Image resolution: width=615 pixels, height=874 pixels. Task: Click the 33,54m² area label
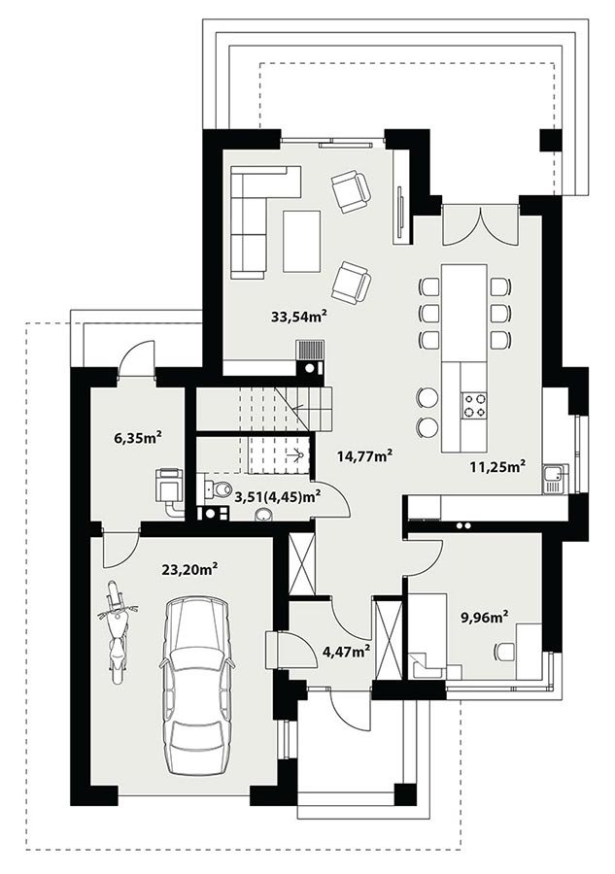(299, 317)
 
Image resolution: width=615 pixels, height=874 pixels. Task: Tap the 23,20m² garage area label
(189, 569)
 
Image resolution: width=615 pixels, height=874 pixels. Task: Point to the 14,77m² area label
(365, 455)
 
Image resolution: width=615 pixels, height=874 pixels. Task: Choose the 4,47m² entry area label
(348, 650)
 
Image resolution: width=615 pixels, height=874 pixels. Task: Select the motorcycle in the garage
(116, 632)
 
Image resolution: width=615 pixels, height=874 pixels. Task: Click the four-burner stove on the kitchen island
(473, 405)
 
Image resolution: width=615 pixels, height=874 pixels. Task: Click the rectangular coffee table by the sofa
(301, 241)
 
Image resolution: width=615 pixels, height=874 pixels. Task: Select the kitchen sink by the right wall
(556, 479)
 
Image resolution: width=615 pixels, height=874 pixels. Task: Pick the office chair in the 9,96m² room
(504, 652)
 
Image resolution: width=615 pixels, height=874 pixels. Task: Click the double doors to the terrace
(481, 225)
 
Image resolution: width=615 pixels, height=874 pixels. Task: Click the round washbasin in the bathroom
(263, 515)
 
